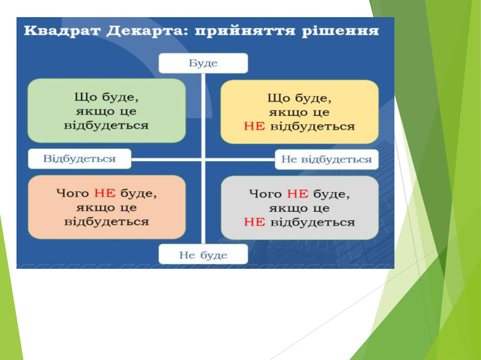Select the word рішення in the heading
coord(341,32)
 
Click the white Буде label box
coord(203,63)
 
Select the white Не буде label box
coord(203,254)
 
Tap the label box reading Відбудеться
coord(80,158)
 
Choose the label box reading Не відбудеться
coord(326,160)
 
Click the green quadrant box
coord(107,110)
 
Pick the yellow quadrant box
coord(300,112)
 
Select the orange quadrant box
coord(107,207)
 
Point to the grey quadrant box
coord(300,208)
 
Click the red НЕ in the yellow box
coord(254,126)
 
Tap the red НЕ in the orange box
coord(104,193)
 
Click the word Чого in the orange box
coord(73,193)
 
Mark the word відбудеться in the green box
coord(107,125)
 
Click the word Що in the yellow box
coord(278,99)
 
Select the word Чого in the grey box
coord(266,194)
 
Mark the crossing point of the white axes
coord(203,159)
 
